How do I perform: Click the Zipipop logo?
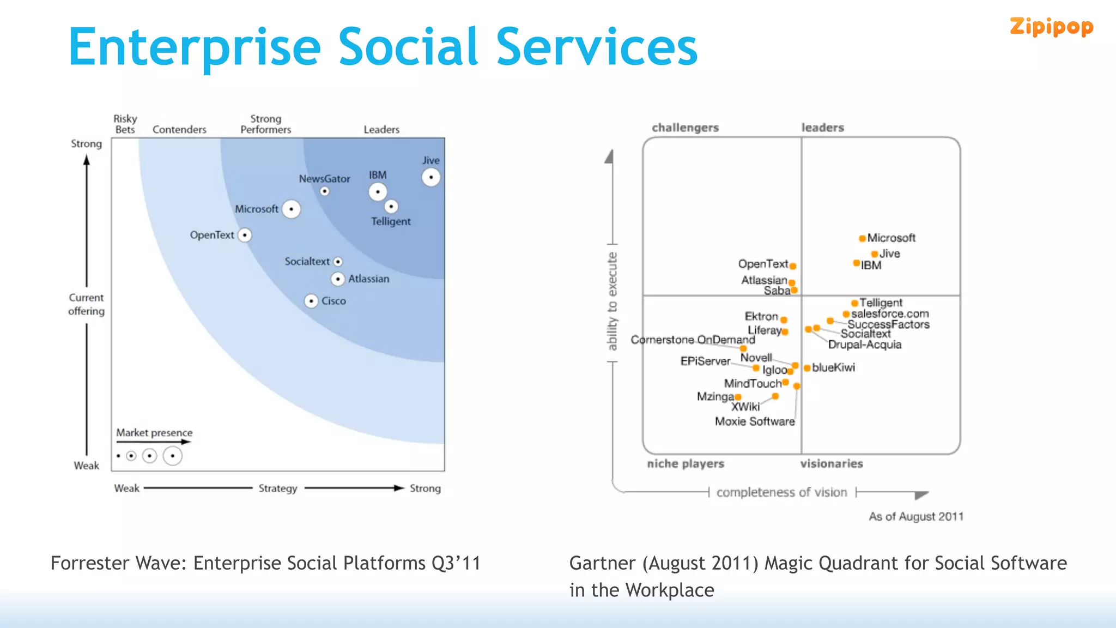pos(1051,27)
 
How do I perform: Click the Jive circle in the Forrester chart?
pos(431,177)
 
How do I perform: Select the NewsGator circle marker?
pos(325,191)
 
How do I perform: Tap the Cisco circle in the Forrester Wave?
pos(311,301)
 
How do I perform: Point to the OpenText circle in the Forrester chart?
pos(245,235)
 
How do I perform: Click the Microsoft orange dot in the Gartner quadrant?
pos(862,238)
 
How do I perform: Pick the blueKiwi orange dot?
pos(807,368)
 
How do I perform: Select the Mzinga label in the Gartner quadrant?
pos(715,396)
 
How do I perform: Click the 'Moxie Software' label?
pos(755,421)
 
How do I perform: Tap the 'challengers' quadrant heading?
pos(685,128)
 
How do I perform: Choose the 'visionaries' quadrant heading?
pos(832,463)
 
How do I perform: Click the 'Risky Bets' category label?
pos(125,124)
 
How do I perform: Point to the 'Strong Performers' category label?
pos(266,124)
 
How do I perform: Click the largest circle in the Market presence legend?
pos(172,456)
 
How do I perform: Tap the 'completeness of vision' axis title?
pos(781,492)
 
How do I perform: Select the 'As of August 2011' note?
pos(915,516)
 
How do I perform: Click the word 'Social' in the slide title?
pos(408,47)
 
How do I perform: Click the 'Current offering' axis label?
pos(86,304)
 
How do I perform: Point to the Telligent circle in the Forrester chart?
pos(391,207)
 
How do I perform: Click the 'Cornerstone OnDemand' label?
pos(693,340)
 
